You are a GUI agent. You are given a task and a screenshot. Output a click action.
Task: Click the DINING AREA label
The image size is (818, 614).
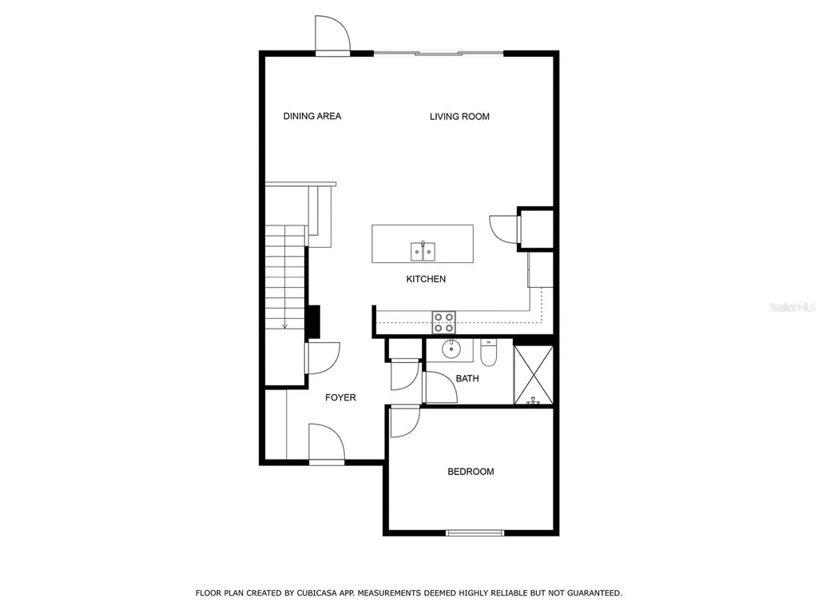click(312, 117)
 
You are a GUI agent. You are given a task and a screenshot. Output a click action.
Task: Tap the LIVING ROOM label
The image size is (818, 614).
click(459, 117)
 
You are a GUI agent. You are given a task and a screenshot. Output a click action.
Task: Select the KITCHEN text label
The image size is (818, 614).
click(426, 279)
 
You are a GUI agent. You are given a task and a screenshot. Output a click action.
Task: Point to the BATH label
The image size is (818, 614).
click(467, 378)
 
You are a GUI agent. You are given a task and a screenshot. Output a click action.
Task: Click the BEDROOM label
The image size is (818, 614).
click(470, 472)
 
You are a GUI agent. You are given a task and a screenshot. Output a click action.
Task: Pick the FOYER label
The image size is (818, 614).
click(340, 397)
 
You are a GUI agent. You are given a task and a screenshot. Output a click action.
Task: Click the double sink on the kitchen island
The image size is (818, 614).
click(423, 252)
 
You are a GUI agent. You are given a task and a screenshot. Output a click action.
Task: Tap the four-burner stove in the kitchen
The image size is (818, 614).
click(444, 322)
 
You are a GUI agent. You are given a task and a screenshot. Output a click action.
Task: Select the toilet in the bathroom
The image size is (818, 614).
click(489, 352)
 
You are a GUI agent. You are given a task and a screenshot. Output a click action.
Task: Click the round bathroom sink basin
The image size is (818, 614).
click(452, 348)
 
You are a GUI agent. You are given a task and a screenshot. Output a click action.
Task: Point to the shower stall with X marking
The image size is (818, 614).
click(533, 373)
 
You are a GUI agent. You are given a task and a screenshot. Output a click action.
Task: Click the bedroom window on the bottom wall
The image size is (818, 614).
click(475, 532)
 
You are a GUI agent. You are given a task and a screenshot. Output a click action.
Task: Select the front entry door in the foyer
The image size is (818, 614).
click(326, 444)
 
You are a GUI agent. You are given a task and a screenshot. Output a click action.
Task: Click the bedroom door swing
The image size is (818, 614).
click(404, 421)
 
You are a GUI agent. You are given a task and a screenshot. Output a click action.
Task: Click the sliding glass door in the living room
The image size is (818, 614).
click(439, 54)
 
